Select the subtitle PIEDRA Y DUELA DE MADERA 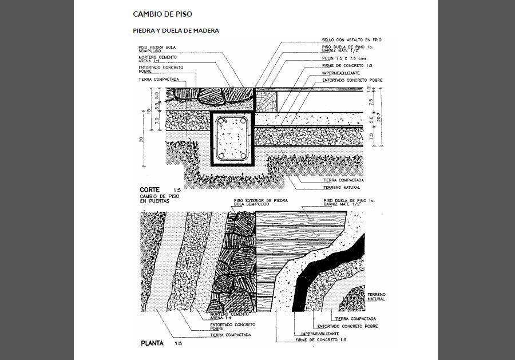175,30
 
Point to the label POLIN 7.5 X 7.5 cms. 344,58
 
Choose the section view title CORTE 150,189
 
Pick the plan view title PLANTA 152,343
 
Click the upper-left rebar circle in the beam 221,121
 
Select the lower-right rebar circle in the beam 244,155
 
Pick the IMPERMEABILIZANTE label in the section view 340,73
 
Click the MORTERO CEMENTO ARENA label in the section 157,60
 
